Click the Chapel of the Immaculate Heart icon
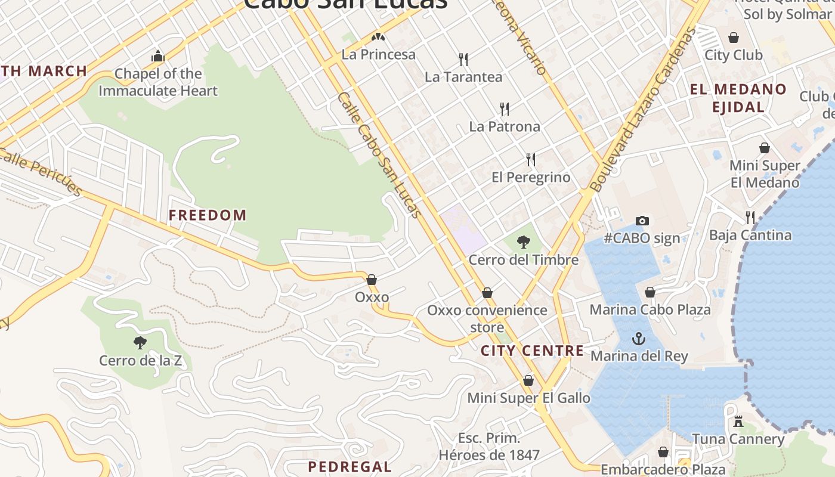[x=158, y=56]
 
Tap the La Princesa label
[x=378, y=54]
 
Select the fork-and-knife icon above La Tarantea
[x=463, y=59]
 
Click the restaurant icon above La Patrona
[x=505, y=109]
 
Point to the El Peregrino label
[x=530, y=177]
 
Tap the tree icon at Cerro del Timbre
[x=523, y=241]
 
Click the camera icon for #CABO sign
[x=642, y=221]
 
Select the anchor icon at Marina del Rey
[x=639, y=339]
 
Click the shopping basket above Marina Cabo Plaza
[x=650, y=292]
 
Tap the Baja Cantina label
[x=750, y=235]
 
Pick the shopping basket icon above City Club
[x=734, y=38]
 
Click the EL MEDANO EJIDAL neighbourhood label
[x=738, y=98]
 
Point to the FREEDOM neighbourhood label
[x=207, y=215]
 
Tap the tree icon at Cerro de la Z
[x=140, y=342]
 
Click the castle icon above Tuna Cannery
[x=738, y=422]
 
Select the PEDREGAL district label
[x=350, y=466]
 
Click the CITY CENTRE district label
[x=532, y=351]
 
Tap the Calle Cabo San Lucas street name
[x=379, y=155]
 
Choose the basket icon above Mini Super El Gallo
[x=528, y=380]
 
